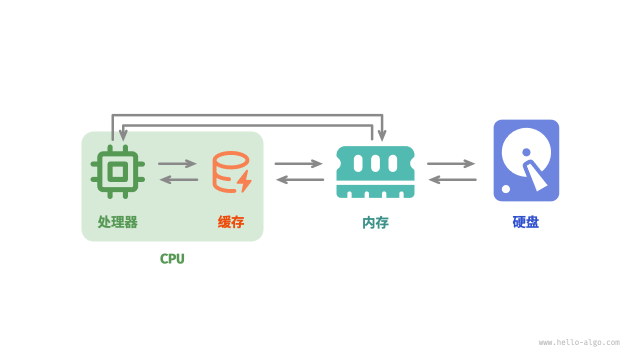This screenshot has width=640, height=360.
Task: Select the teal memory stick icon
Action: click(375, 172)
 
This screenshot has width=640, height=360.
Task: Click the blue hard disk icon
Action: click(526, 160)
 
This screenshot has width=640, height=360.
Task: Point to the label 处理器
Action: click(117, 222)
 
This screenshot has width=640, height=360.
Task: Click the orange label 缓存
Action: click(231, 222)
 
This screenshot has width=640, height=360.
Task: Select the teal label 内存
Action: click(375, 222)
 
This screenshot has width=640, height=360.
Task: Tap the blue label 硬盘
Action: click(526, 222)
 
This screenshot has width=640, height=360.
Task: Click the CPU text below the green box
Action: click(172, 258)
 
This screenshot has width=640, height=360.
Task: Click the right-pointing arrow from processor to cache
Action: click(177, 163)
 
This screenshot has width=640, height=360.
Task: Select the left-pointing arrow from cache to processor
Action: click(178, 179)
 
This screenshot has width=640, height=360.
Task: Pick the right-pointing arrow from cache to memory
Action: click(298, 163)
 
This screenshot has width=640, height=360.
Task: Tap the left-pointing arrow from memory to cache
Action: click(300, 179)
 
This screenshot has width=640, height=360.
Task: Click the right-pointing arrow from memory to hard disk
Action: click(451, 163)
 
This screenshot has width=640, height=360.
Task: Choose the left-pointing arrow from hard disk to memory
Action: click(452, 179)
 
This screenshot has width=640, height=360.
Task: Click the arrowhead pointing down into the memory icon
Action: click(382, 135)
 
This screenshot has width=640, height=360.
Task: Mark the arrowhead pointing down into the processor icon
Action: click(123, 135)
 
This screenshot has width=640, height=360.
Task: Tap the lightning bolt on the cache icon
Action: click(244, 181)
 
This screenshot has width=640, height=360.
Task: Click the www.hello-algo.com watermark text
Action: click(579, 342)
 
